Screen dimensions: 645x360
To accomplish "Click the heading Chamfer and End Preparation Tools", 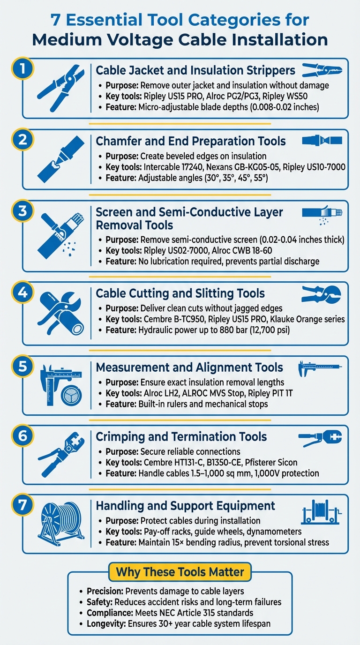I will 191,141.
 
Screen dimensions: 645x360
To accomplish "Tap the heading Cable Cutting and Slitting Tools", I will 180,293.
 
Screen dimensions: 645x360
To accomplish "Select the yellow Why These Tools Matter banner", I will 180,572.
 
